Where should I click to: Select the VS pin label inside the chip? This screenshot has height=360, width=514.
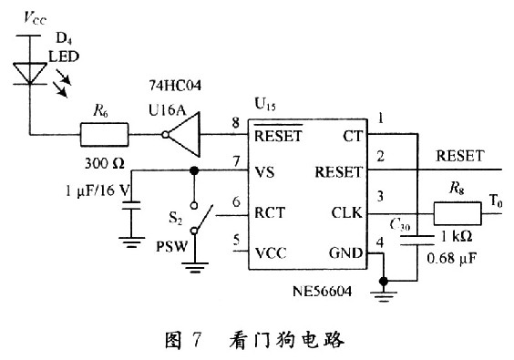coord(266,170)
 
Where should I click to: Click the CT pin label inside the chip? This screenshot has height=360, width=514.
coord(354,137)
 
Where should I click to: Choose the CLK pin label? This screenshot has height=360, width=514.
coord(348,214)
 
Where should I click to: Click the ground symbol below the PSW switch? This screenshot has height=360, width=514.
coord(192,271)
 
